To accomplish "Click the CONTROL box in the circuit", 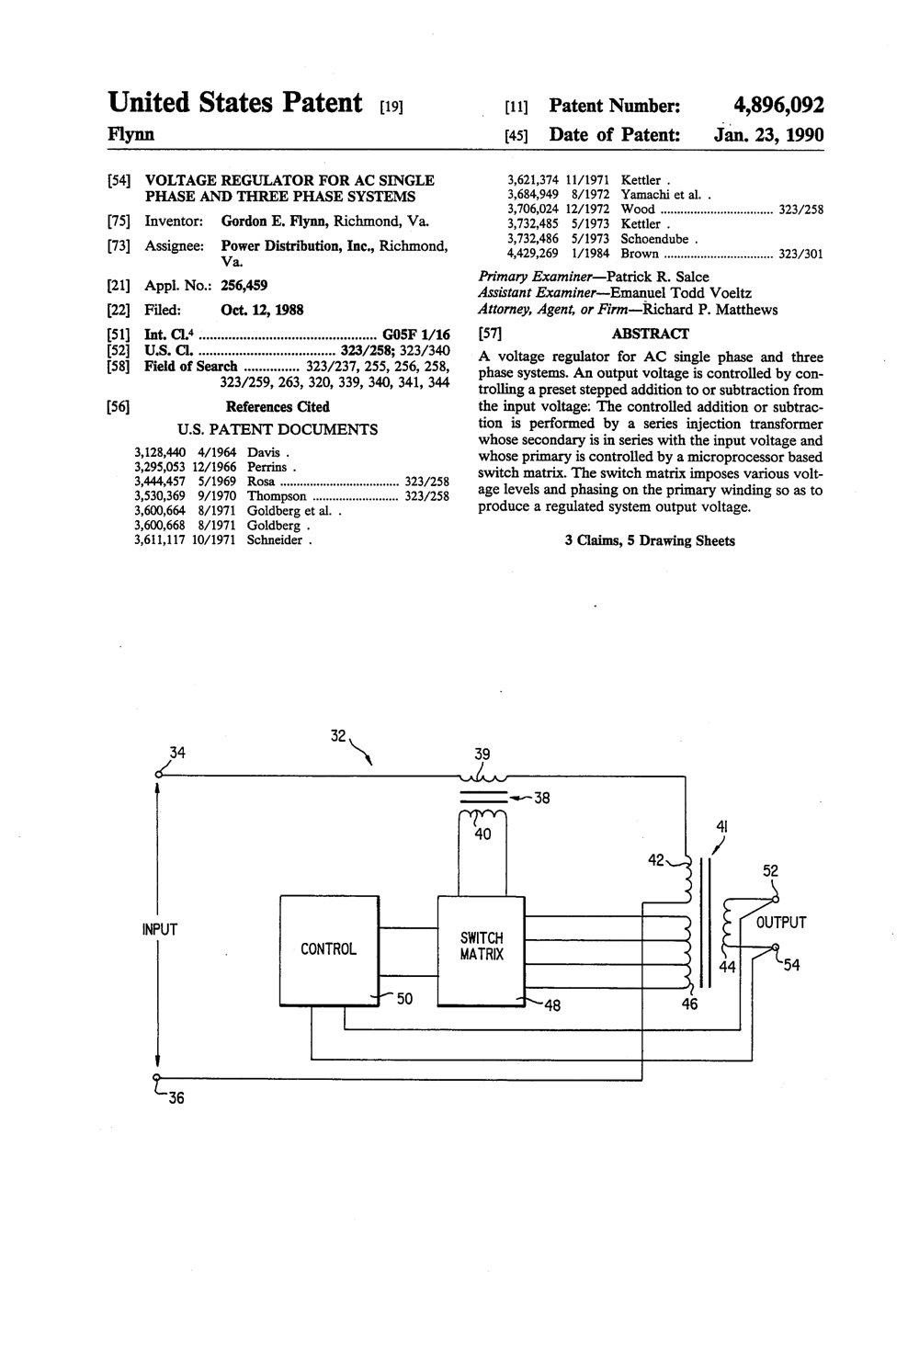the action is point(330,950).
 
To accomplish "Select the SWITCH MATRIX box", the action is point(481,951).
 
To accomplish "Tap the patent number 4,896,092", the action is point(778,106).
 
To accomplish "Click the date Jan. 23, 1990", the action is point(768,134).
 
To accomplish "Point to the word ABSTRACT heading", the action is point(651,334).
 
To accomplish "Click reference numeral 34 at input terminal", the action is point(177,753).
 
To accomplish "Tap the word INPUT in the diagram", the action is point(160,929).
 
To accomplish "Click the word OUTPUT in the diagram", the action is point(781,922).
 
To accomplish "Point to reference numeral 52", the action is point(770,871).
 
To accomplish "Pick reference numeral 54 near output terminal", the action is point(791,966).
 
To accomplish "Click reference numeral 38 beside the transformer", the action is point(542,799).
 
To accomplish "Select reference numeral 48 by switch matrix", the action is point(552,1005).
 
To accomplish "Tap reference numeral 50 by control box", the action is point(404,999).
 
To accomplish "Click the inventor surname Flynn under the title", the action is point(130,134).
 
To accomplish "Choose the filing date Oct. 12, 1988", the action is point(262,311).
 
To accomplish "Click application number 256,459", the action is point(244,286).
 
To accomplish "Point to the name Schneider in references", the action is point(274,540).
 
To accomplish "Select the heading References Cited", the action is point(278,407).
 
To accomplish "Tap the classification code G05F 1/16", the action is point(416,334).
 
